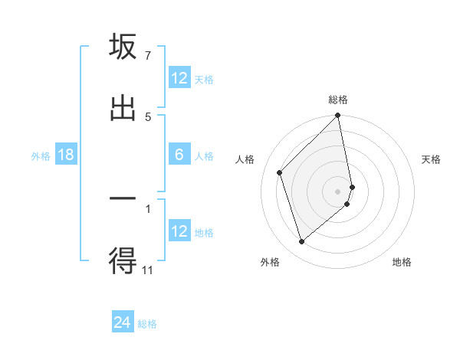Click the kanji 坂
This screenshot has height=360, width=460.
[123, 47]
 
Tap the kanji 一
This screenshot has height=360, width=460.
[123, 200]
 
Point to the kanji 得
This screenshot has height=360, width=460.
[123, 261]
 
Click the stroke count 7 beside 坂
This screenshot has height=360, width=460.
[148, 56]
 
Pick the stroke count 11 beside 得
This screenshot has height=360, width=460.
[148, 270]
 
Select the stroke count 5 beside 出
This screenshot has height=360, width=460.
[148, 116]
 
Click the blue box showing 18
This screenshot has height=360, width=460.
[66, 155]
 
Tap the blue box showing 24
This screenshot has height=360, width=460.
[123, 323]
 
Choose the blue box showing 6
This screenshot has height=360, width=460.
[179, 155]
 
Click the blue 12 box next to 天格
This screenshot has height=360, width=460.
[179, 78]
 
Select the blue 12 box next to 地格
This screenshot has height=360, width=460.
[179, 231]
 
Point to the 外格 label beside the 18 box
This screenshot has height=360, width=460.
[41, 156]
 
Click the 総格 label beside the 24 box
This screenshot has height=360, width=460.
[147, 324]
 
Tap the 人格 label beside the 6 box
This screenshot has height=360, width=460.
[204, 156]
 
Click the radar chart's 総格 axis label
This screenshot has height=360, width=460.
[338, 100]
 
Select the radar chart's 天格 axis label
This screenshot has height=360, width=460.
[432, 159]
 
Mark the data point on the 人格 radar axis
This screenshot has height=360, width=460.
[280, 172]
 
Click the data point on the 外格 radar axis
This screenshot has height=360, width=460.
[302, 241]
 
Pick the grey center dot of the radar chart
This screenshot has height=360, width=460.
[338, 191]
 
